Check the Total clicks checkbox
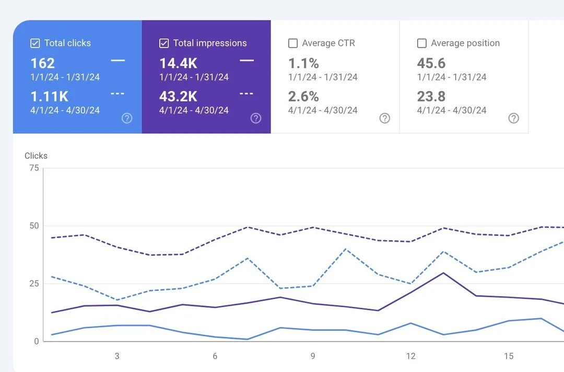[35, 43]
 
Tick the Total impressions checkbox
[163, 43]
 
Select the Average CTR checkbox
[293, 43]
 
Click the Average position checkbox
[421, 43]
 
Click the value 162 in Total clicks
[42, 63]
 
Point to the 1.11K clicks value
[49, 97]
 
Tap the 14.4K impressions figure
[179, 63]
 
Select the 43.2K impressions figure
[179, 97]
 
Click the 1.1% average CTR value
[303, 63]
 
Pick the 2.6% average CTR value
[303, 97]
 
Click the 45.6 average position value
[431, 63]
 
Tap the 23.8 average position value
[431, 97]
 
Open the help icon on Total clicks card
[127, 118]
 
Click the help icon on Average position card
[514, 118]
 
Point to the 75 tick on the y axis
[34, 168]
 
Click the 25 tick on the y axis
[34, 284]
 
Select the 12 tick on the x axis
[411, 356]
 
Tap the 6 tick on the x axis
[215, 356]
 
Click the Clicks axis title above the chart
[36, 156]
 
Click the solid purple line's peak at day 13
[443, 273]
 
